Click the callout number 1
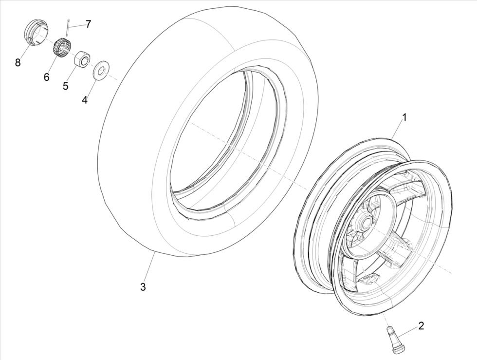click(x=404, y=117)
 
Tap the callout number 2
click(x=421, y=326)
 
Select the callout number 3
click(x=143, y=287)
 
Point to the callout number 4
click(x=85, y=100)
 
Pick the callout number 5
click(x=65, y=86)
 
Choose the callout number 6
click(x=47, y=77)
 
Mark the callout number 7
click(x=88, y=24)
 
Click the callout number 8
click(x=18, y=62)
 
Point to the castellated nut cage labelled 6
click(x=62, y=47)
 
